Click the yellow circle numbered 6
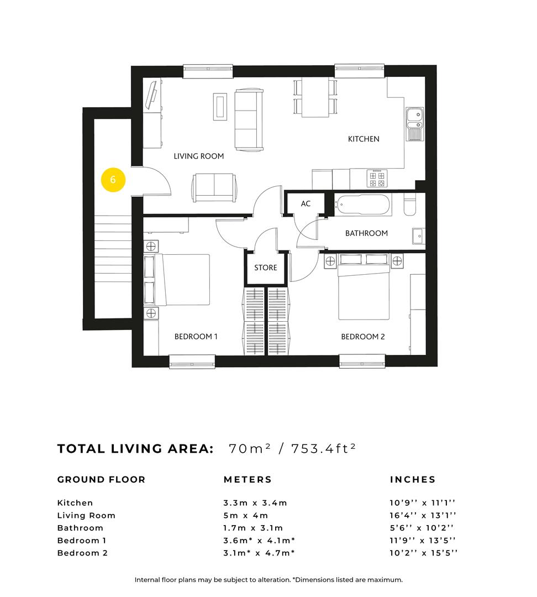pos(113,180)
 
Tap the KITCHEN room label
pos(364,139)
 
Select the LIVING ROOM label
pos(199,156)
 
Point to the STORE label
pos(266,268)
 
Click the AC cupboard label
pos(306,204)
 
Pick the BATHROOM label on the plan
pos(366,233)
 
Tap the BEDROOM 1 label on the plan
pos(196,337)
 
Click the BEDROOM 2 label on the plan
pos(363,337)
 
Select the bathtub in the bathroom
pos(363,205)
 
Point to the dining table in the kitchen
pos(315,98)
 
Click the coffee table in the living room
pos(220,106)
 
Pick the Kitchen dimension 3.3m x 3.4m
pos(255,503)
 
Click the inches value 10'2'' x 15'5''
pos(423,553)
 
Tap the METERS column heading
pos(248,480)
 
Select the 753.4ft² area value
pos(322,448)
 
